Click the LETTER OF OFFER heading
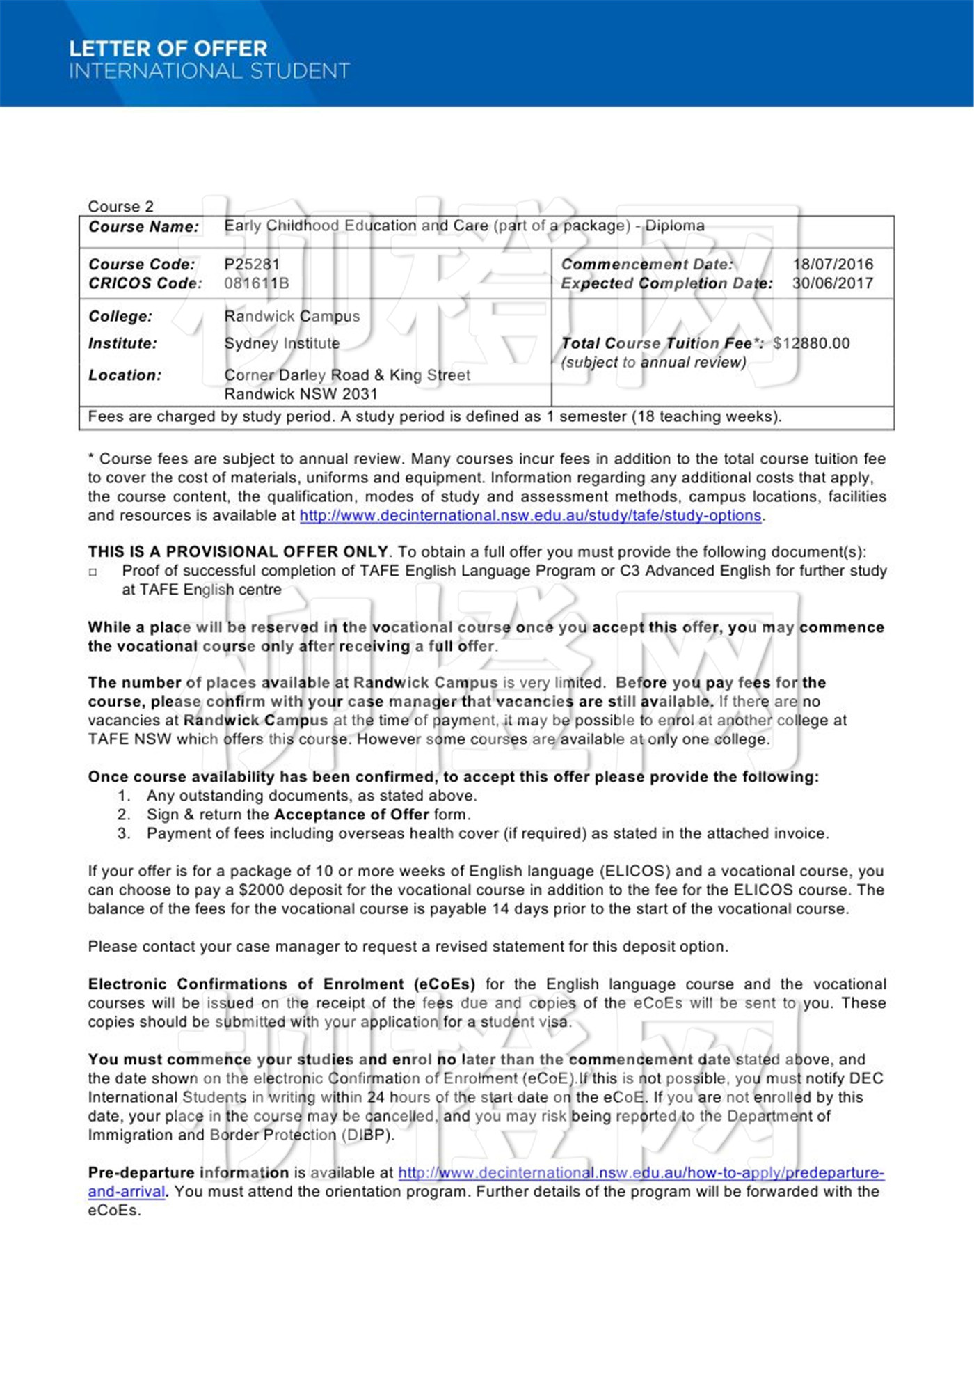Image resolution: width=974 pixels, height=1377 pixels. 168,49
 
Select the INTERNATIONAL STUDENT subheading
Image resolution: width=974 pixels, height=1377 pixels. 209,71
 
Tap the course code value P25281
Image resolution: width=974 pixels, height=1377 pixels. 252,265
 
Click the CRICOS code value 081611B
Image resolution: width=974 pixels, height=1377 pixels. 256,283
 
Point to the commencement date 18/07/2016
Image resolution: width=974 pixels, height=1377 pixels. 833,265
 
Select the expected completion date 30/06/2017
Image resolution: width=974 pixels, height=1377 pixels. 832,283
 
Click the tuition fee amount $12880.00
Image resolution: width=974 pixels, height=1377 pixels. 811,343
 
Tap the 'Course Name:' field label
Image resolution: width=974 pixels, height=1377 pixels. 143,227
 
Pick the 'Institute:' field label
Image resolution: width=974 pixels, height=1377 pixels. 122,343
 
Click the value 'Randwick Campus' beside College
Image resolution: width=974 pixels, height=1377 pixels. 292,316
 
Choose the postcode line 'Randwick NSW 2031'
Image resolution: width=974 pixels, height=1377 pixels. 301,394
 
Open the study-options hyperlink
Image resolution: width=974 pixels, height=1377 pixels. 530,516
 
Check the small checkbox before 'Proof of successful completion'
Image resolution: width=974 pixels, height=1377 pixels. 93,572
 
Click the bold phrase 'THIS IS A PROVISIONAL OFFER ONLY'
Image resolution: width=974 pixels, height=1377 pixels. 237,552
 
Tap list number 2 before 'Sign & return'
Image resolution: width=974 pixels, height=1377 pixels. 123,815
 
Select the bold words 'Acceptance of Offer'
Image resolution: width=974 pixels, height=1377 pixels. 351,815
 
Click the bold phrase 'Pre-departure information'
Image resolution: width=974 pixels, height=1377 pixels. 188,1172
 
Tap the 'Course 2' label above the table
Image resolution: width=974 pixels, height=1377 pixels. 120,207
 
